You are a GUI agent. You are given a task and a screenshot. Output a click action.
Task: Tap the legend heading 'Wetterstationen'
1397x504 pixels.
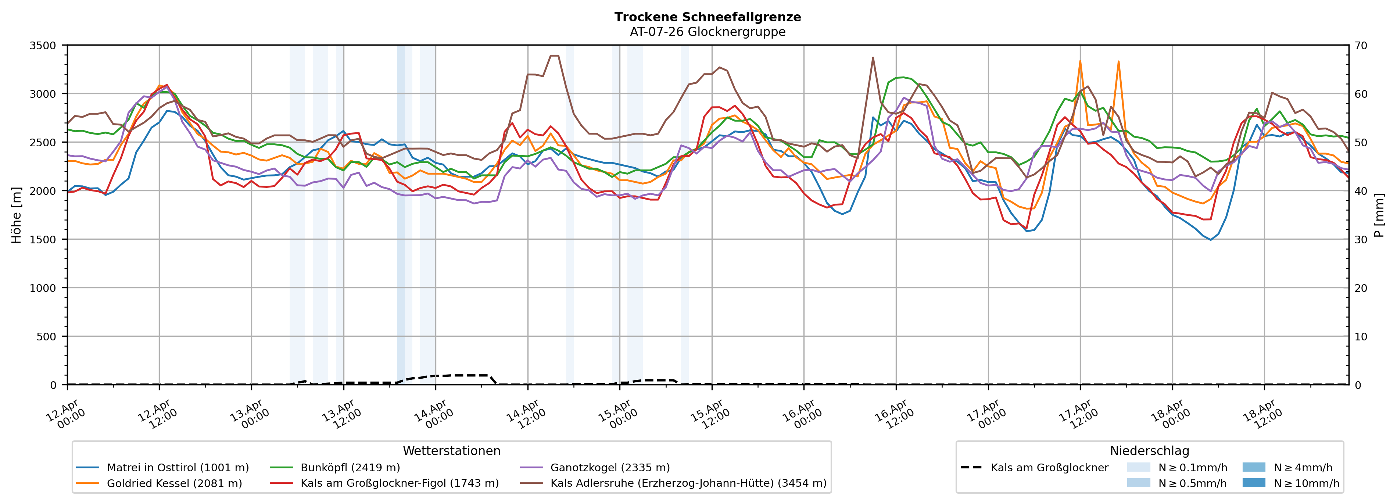(451, 451)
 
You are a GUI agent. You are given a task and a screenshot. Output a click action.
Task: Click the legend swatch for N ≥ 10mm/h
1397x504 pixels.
(1253, 483)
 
